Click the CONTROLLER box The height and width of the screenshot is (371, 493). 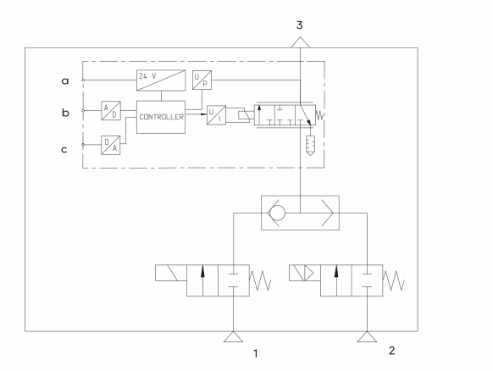(x=161, y=117)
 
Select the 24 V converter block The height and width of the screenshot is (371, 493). (x=161, y=80)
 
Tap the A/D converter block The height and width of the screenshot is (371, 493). (x=111, y=110)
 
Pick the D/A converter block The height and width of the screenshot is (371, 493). (x=111, y=145)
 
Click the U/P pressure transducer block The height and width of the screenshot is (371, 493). (x=202, y=80)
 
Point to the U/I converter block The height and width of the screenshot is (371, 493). (x=216, y=115)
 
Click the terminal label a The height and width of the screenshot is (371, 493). (x=64, y=81)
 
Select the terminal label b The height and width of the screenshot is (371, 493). (x=65, y=113)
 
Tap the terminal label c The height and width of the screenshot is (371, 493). (x=64, y=150)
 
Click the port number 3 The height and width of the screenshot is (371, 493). (x=300, y=25)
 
